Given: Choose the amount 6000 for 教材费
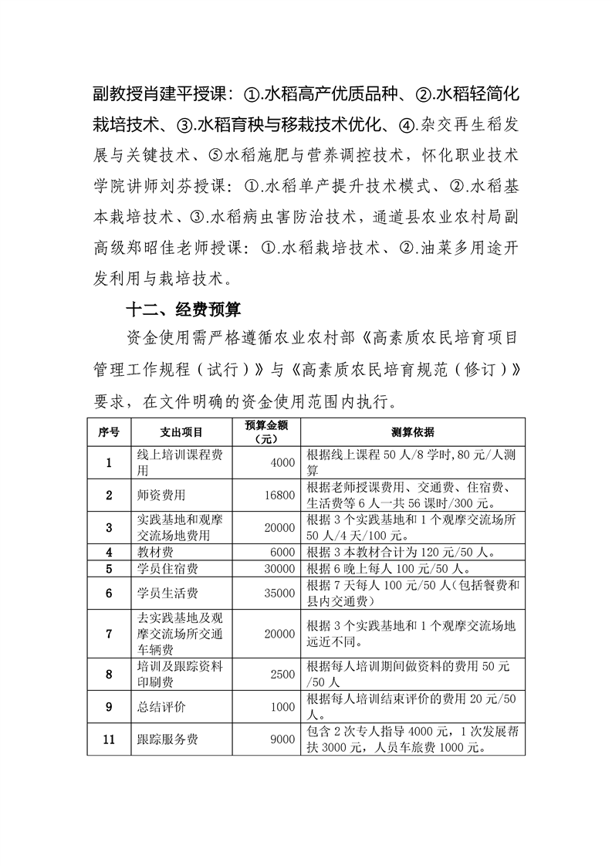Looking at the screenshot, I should (x=283, y=552).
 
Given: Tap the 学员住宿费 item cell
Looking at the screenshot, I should (x=167, y=569).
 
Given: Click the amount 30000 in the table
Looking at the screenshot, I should (x=279, y=569).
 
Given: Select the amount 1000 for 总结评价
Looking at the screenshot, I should (x=283, y=707).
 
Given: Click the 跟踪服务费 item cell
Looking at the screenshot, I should (x=167, y=739).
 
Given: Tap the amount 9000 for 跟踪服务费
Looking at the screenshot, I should (x=283, y=739).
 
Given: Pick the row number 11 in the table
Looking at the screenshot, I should (x=109, y=739).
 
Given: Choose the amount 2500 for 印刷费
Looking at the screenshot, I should (x=283, y=674).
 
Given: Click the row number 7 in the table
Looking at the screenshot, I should (x=109, y=634).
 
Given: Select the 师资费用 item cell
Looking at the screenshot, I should (x=161, y=495).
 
